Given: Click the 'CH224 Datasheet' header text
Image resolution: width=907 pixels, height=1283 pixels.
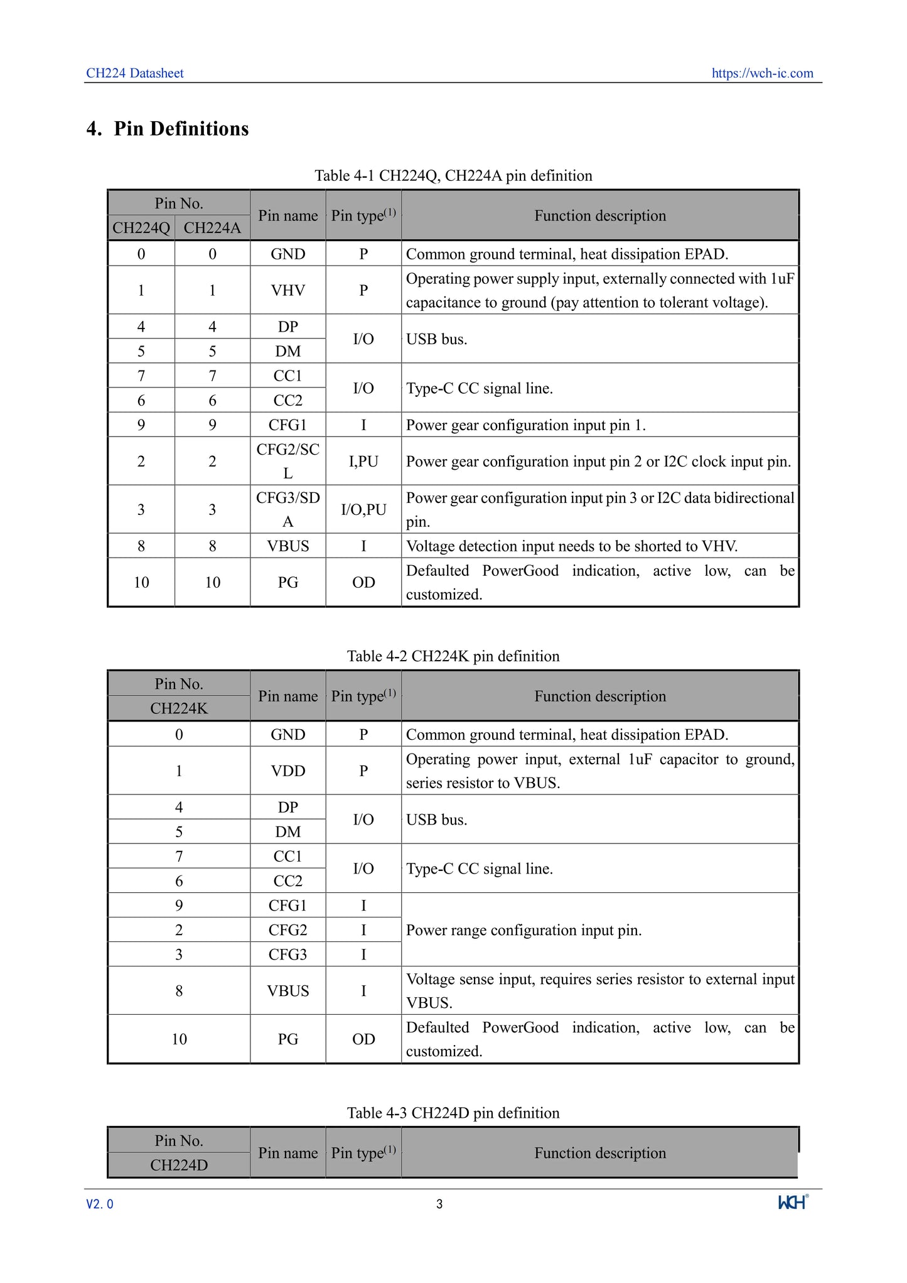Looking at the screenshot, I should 135,73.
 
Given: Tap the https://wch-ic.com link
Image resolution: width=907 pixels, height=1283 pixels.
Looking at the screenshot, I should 762,73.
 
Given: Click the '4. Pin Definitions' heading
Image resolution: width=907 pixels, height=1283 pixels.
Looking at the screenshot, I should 168,129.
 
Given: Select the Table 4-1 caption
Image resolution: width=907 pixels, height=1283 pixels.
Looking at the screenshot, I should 453,176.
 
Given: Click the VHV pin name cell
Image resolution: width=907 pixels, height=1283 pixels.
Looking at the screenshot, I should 288,290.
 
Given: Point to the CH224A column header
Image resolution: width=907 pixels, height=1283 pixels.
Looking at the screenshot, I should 212,228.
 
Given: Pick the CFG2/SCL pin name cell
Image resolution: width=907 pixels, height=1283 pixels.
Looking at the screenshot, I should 288,461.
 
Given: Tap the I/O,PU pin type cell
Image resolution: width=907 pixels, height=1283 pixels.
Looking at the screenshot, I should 363,509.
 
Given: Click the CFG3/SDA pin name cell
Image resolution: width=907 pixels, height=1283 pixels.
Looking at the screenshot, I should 288,509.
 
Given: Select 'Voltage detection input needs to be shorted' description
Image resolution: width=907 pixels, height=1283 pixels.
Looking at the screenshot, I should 571,546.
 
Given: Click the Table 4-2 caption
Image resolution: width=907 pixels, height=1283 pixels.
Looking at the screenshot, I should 453,656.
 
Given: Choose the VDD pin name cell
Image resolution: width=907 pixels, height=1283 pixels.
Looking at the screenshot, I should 288,771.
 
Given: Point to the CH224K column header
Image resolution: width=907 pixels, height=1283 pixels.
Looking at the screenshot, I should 179,708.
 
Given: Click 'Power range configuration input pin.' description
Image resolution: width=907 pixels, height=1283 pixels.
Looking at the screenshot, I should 523,930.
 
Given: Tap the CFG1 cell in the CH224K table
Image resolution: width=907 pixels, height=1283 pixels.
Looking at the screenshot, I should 288,906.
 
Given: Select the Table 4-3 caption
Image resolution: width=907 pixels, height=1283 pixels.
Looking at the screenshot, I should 453,1113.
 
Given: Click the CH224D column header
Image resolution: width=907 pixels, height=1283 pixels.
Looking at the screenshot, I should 179,1165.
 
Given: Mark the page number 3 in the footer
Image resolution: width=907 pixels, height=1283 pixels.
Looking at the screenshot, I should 439,1204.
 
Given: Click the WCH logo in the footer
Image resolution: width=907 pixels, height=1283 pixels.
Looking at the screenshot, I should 793,1202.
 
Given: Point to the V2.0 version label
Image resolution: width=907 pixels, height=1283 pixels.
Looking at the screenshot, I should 100,1204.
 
